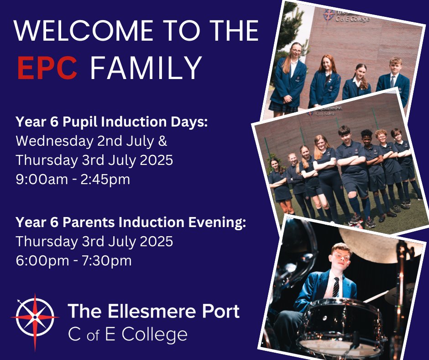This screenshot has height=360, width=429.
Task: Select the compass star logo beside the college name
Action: (35, 317)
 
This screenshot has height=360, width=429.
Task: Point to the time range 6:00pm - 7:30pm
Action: (73, 260)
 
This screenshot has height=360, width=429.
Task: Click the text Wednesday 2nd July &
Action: (91, 141)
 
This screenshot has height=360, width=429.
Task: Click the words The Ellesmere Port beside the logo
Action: (154, 312)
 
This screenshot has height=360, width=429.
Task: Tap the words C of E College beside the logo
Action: (128, 334)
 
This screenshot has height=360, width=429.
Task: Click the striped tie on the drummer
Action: (335, 286)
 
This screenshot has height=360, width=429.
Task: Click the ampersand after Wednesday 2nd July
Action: (162, 141)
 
